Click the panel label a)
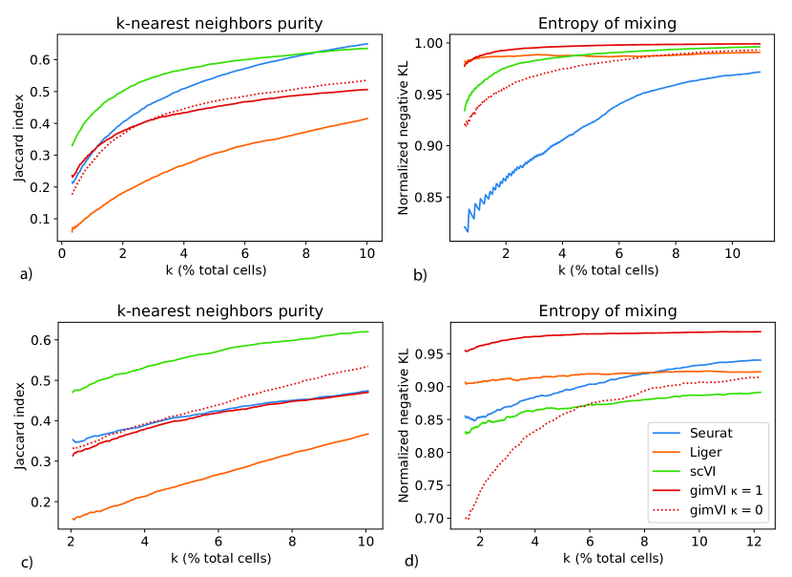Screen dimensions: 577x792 coord(26,274)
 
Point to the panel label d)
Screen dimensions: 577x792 coord(411,561)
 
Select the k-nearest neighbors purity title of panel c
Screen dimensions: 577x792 coord(219,310)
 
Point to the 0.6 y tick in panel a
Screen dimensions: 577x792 coord(41,59)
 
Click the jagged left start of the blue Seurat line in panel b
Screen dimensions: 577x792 coord(467,229)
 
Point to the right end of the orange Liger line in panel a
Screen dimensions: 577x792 coord(367,118)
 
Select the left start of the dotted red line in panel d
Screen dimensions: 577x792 coord(465,518)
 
